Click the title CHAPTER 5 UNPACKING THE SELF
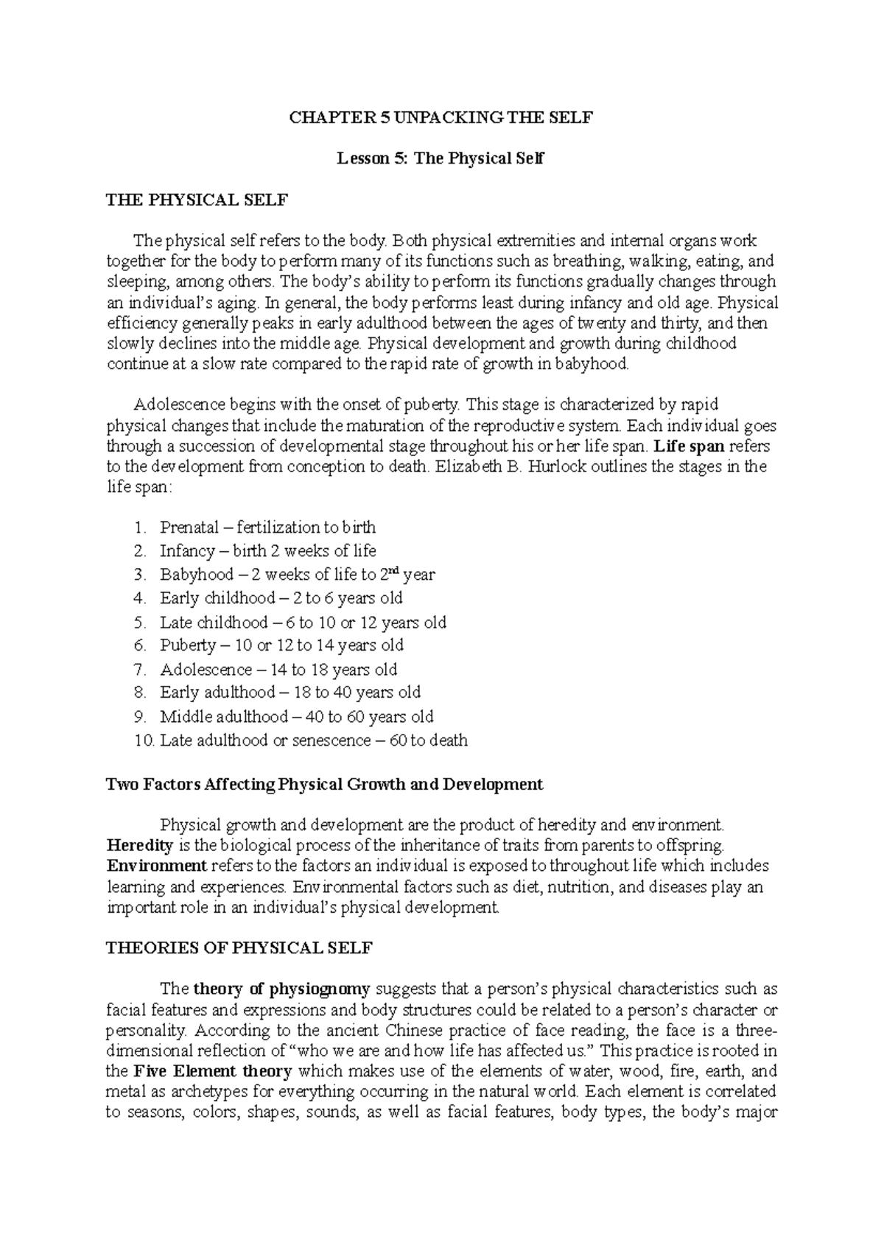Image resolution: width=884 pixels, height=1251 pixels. click(x=441, y=118)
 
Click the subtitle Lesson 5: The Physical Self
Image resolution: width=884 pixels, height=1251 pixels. click(x=440, y=158)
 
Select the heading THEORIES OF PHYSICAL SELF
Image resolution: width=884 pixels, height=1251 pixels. click(x=239, y=948)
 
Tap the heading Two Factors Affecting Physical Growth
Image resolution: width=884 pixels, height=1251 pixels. click(x=324, y=785)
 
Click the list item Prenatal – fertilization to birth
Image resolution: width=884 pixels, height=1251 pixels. click(x=267, y=528)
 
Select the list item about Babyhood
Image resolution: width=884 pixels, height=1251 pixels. click(x=296, y=575)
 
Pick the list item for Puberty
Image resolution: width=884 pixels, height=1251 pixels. click(x=281, y=645)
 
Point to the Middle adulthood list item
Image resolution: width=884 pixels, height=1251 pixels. click(x=296, y=717)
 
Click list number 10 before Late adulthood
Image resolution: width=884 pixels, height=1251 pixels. click(x=145, y=740)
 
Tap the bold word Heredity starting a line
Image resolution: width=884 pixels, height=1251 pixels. click(x=140, y=845)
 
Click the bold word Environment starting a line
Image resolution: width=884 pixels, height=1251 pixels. click(x=157, y=866)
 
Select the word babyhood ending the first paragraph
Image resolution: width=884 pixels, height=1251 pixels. click(x=592, y=364)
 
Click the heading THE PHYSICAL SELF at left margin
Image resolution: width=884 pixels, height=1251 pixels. click(x=197, y=200)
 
